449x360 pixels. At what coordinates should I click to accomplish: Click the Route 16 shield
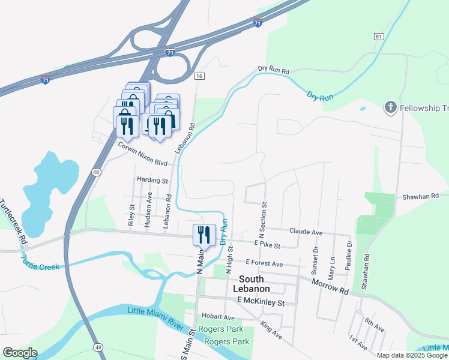coord(200,76)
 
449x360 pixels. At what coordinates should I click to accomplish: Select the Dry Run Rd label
coord(274,70)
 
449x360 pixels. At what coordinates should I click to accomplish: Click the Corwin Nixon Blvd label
coord(142,154)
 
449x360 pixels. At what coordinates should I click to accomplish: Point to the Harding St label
coord(152,180)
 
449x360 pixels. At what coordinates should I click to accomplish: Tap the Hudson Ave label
coord(148,213)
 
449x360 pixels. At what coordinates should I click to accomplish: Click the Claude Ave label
coord(306,232)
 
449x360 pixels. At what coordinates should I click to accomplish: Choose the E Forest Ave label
coord(264,263)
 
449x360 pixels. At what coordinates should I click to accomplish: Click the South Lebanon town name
coord(260,284)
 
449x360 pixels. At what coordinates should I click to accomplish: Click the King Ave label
coord(271,330)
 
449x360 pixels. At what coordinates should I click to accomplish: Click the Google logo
coord(20,353)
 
